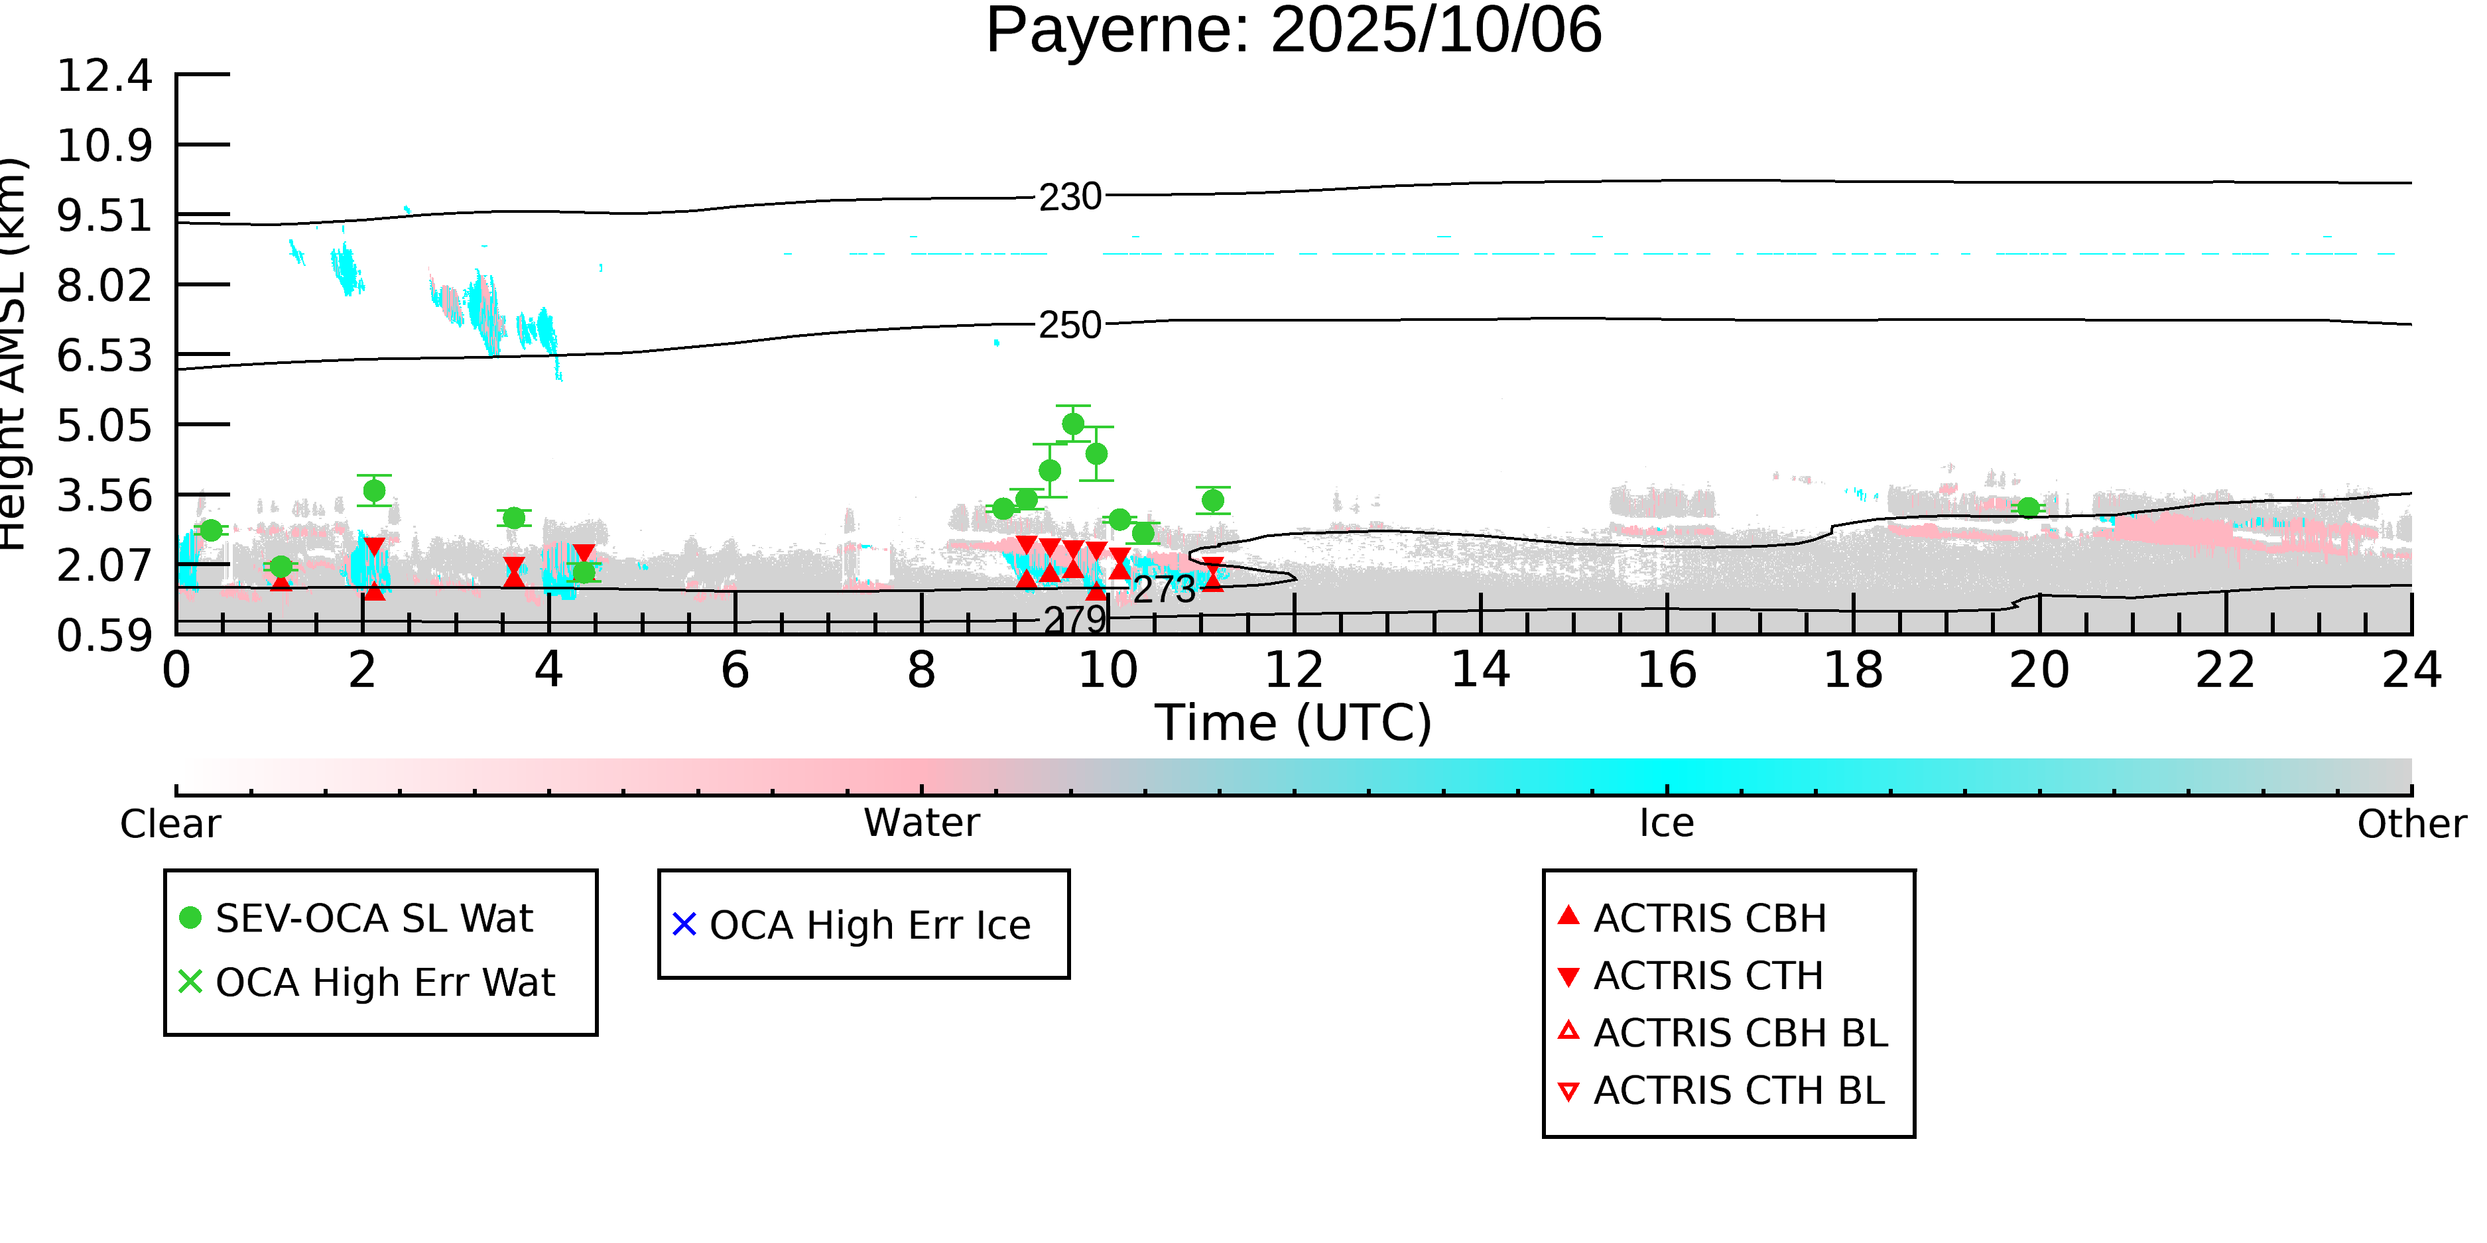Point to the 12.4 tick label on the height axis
tap(104, 76)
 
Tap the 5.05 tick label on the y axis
tap(104, 426)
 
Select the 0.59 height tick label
tap(104, 636)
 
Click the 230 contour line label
tap(1070, 197)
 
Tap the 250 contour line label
tap(1070, 326)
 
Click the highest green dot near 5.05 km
tap(1072, 424)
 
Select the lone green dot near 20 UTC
tap(2029, 508)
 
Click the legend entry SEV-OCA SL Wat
tap(373, 917)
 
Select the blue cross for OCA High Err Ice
tap(684, 925)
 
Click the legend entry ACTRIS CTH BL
tap(1738, 1091)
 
